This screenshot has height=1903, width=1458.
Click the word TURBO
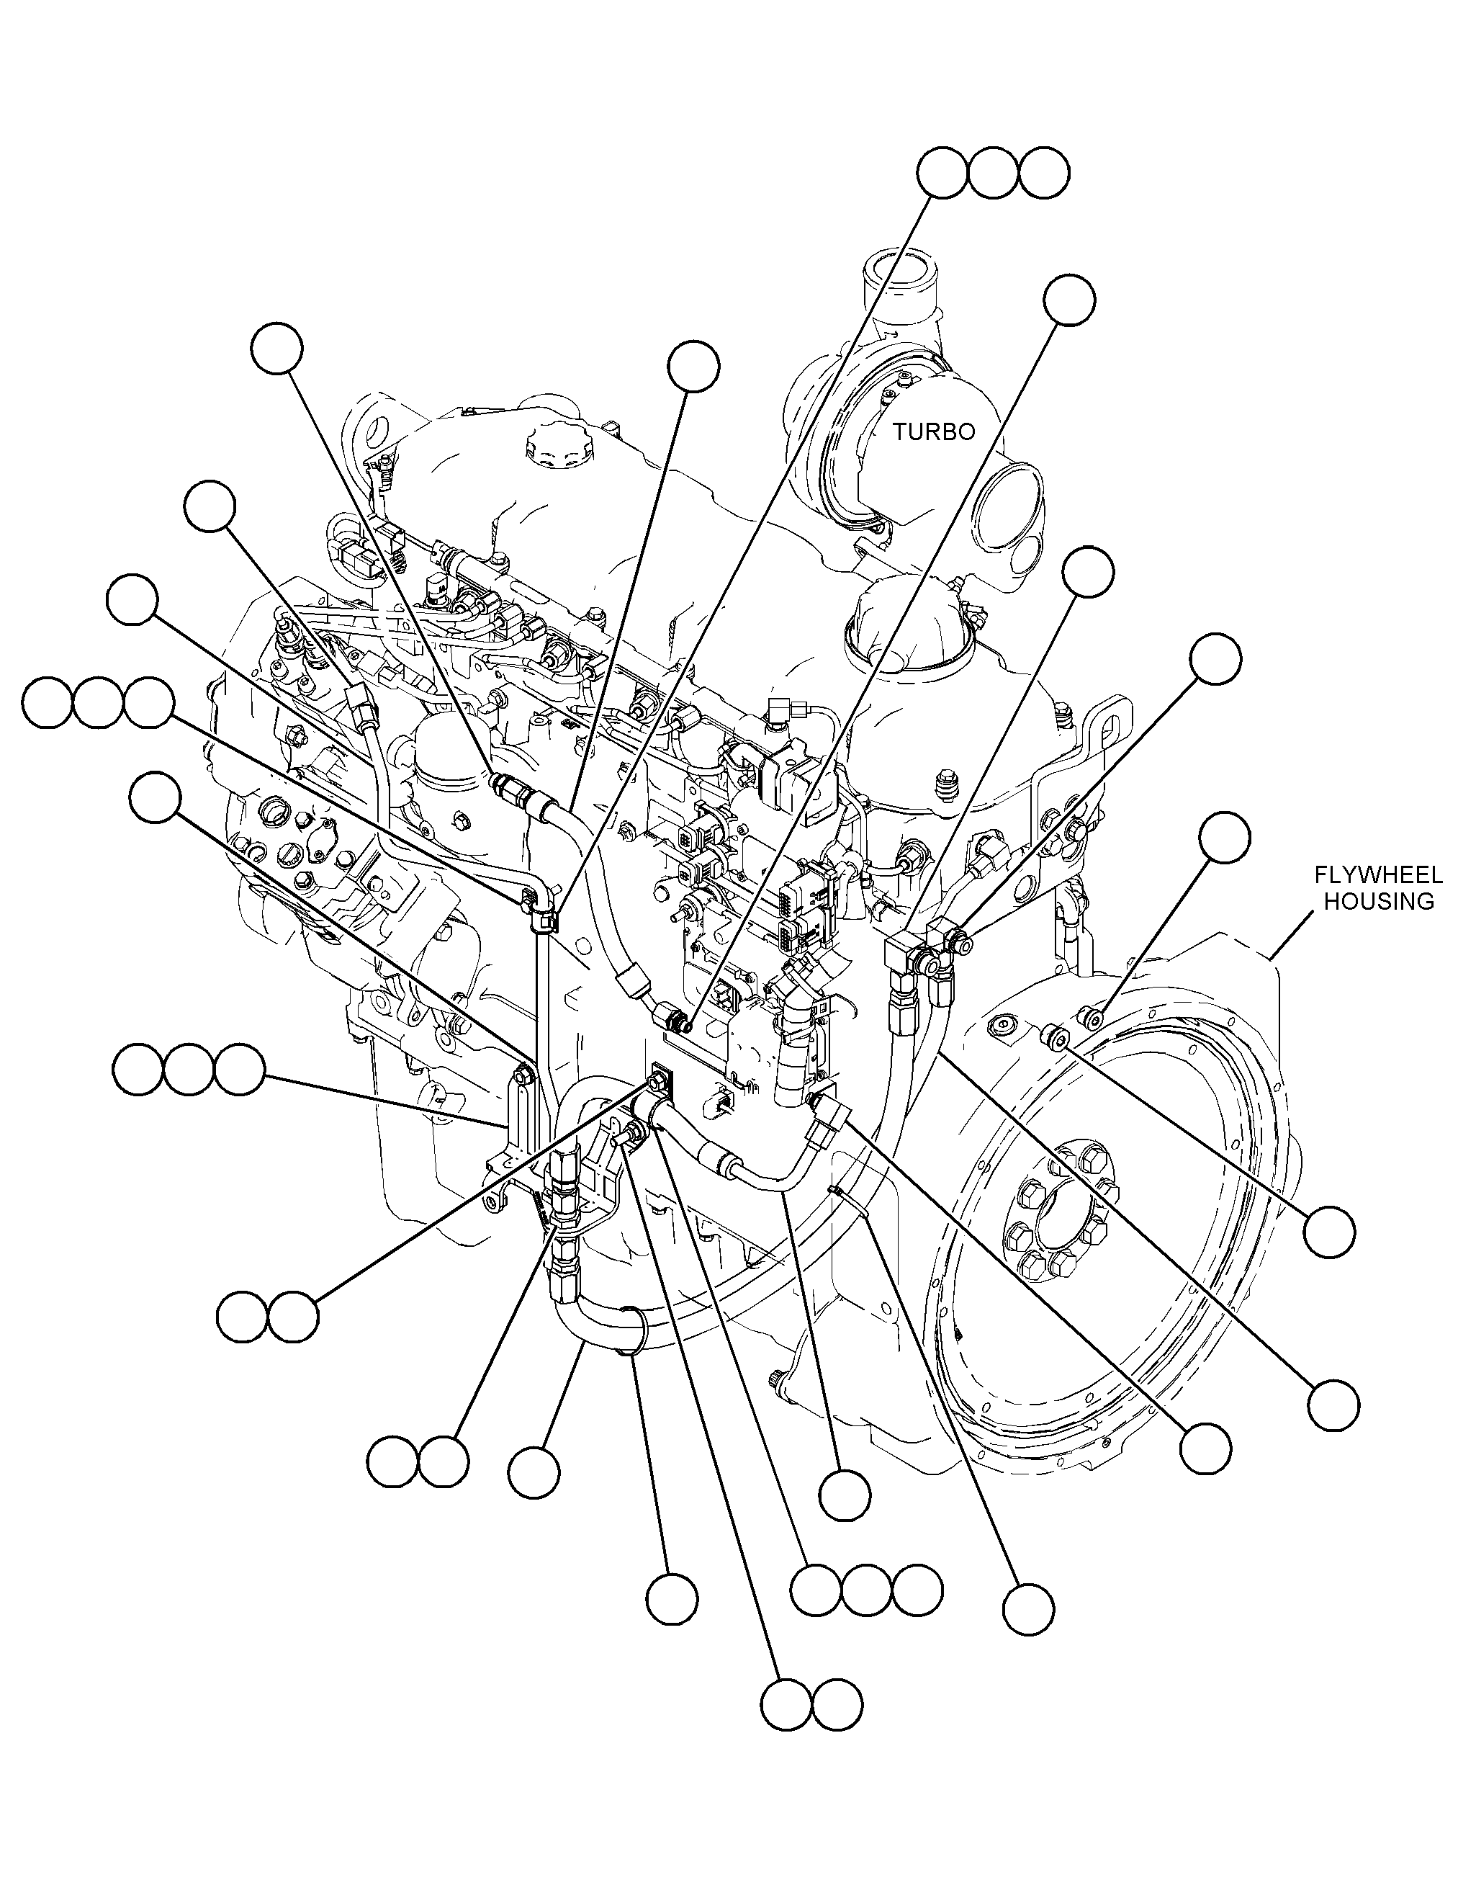pyautogui.click(x=935, y=431)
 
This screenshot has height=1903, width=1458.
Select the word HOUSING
pyautogui.click(x=1378, y=901)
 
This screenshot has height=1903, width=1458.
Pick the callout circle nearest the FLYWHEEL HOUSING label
pyautogui.click(x=1225, y=838)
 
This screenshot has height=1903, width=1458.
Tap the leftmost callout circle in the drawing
pyautogui.click(x=47, y=703)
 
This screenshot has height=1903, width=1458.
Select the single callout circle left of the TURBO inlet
pyautogui.click(x=693, y=365)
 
